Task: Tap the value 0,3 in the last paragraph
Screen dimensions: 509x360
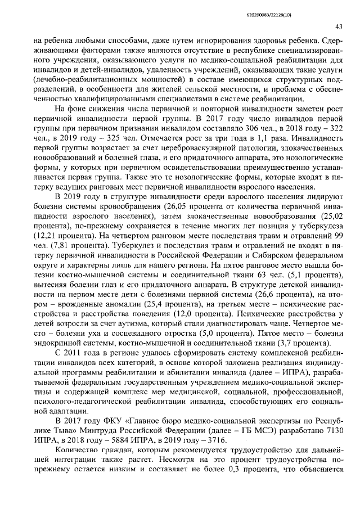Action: pos(226,480)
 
